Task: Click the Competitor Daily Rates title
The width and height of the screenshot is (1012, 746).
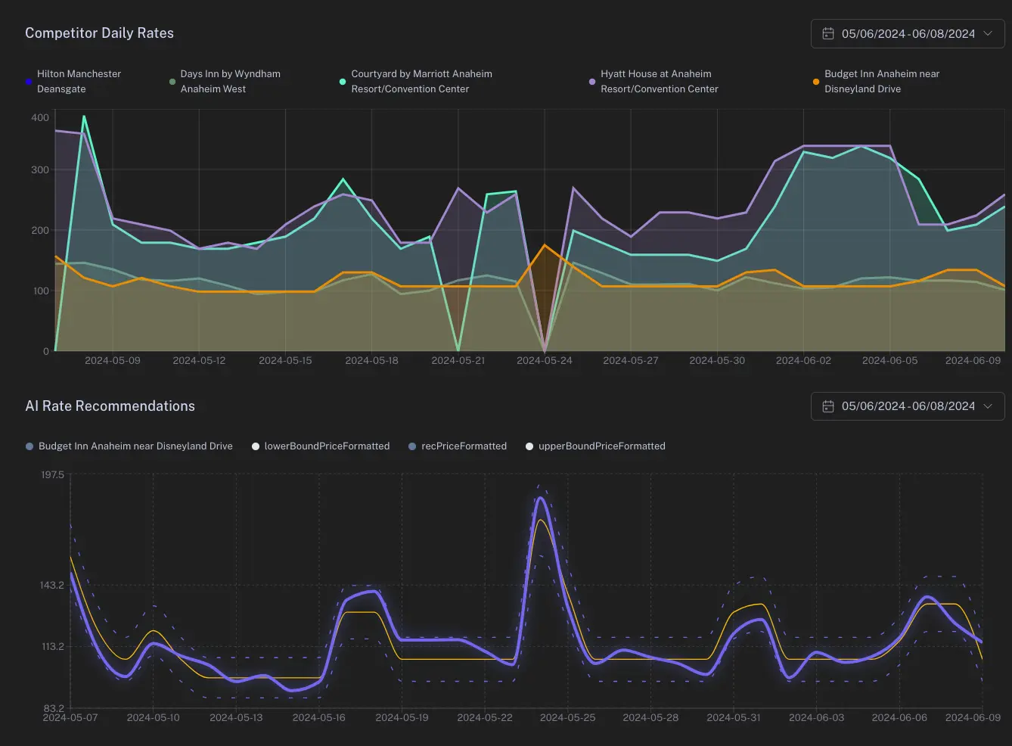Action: pos(99,33)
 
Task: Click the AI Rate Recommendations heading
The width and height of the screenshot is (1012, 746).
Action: pos(110,406)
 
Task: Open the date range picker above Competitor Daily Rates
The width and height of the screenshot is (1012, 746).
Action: pos(908,34)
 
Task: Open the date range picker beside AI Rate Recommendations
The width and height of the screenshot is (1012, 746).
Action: pos(908,406)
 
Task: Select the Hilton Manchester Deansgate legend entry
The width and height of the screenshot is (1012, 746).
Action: pos(78,81)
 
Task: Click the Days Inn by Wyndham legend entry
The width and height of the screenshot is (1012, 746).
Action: pos(229,81)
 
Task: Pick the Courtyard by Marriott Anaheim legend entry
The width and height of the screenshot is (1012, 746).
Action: pos(421,81)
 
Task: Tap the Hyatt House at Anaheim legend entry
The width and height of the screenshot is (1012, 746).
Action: pos(658,81)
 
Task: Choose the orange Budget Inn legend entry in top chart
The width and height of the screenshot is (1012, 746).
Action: pos(881,81)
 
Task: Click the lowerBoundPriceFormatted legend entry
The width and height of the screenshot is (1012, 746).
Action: pos(326,446)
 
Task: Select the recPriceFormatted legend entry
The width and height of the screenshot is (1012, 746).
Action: pos(463,446)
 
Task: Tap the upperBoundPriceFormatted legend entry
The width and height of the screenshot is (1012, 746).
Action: pos(601,446)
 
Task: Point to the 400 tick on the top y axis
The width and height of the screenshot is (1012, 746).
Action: pos(40,117)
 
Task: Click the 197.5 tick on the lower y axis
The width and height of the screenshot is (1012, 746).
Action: pos(52,475)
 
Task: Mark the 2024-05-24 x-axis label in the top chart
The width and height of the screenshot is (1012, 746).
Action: pos(545,361)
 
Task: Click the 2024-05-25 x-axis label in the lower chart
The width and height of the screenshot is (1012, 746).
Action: pos(567,717)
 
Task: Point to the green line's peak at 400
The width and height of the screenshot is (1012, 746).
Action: pos(84,117)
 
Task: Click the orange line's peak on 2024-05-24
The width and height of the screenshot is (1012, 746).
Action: pos(545,245)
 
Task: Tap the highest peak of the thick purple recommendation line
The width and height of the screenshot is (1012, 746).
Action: pos(540,498)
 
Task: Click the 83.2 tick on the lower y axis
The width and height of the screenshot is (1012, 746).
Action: pos(53,708)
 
